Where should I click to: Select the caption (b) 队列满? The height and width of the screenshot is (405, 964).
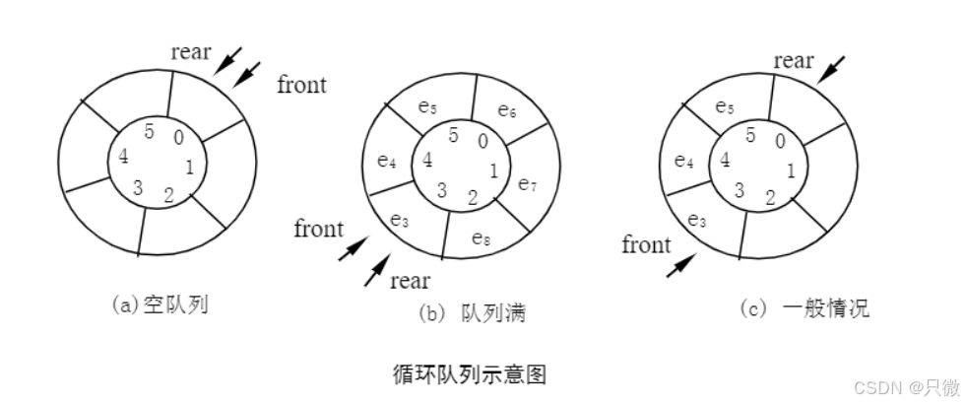472,314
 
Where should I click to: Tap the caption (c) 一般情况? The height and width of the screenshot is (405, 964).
804,309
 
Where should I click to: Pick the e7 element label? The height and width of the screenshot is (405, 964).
528,183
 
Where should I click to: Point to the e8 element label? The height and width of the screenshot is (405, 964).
481,237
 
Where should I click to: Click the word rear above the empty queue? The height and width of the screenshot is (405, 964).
190,51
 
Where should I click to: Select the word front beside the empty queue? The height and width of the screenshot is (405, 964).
300,84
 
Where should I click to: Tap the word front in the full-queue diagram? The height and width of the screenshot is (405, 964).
319,230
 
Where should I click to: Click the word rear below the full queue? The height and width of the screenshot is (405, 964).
410,281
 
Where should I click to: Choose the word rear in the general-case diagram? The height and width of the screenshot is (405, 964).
794,61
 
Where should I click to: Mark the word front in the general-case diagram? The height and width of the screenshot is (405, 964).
645,244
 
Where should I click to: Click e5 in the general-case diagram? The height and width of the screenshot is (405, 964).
724,105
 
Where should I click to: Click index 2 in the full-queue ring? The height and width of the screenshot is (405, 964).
473,198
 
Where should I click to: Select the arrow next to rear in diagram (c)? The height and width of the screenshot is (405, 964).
832,68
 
